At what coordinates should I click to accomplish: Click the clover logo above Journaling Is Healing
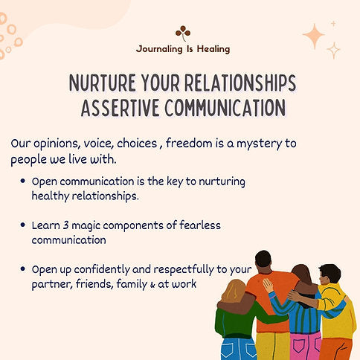tap(183, 31)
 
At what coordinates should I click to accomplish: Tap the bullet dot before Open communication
tap(25, 181)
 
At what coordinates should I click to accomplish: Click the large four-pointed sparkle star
tap(313, 34)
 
